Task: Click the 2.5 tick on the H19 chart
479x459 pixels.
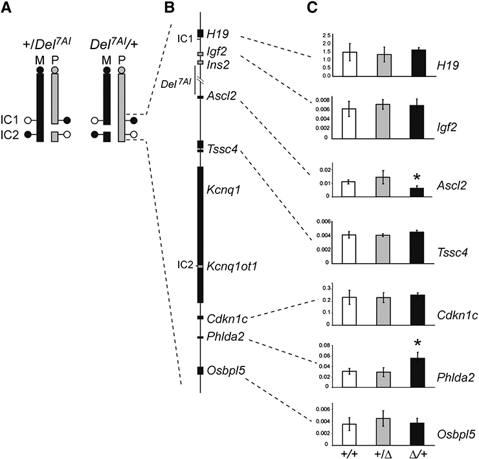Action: point(326,34)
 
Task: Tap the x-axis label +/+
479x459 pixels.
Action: point(350,451)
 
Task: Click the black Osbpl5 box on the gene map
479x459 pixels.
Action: point(200,370)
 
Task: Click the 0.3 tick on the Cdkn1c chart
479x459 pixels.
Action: point(326,286)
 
